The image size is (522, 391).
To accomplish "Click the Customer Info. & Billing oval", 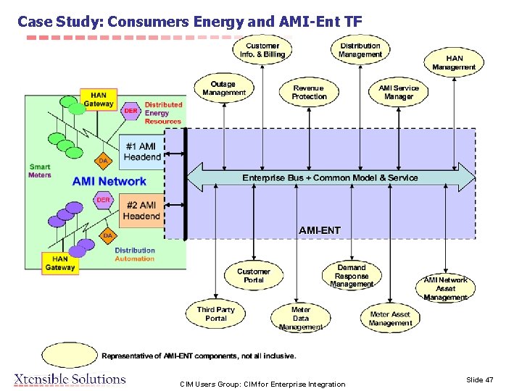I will click(x=262, y=50).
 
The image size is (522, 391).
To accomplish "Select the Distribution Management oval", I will click(x=360, y=50).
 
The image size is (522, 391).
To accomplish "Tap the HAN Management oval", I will click(x=454, y=63).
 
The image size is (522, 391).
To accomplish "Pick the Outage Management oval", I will click(x=224, y=88).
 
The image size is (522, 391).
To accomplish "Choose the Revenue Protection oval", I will click(x=309, y=92).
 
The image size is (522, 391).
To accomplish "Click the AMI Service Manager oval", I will click(x=398, y=92).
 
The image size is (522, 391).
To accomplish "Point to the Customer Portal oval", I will click(x=253, y=276).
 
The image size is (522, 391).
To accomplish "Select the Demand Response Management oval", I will click(x=352, y=276).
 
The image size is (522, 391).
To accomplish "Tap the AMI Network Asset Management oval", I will click(x=445, y=288).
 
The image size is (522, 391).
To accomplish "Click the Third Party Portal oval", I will click(x=216, y=314).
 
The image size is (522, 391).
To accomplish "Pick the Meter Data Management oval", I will click(x=300, y=318).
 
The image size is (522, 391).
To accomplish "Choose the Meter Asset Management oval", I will click(x=390, y=319).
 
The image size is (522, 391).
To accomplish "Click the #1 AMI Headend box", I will click(x=142, y=151).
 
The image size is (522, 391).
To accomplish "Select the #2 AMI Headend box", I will click(x=141, y=211).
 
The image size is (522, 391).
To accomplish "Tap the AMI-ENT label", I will click(x=319, y=230).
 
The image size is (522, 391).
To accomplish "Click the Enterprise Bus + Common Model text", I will click(x=330, y=177).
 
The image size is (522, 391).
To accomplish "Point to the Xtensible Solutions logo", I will click(x=70, y=379).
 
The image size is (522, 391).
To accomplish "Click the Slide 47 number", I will click(x=479, y=379).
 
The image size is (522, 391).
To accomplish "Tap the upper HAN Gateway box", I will click(x=98, y=99).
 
